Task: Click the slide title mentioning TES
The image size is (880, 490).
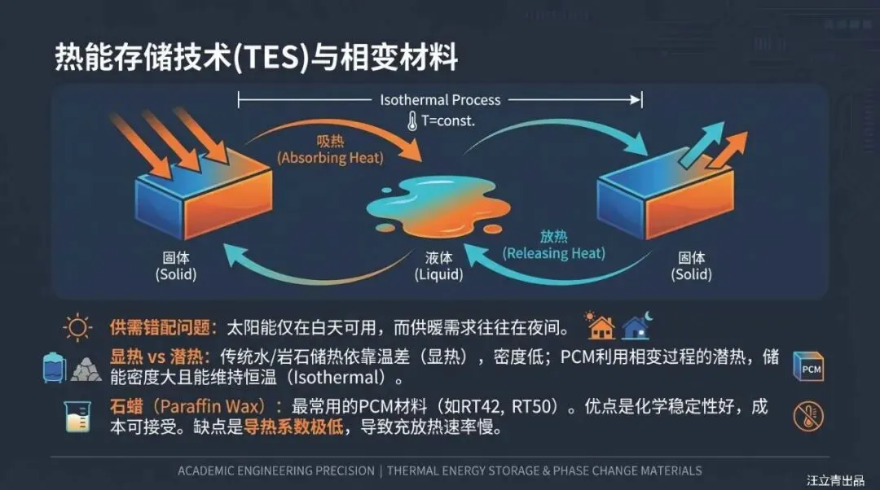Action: pyautogui.click(x=256, y=59)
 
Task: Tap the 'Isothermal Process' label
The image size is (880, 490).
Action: pyautogui.click(x=440, y=100)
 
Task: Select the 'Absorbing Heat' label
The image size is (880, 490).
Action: pyautogui.click(x=329, y=158)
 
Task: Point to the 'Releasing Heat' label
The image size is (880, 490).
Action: pyautogui.click(x=554, y=253)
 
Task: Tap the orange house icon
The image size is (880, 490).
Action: pyautogui.click(x=601, y=326)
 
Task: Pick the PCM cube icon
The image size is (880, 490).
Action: pyautogui.click(x=808, y=368)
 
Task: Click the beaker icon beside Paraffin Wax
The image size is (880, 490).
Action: pyautogui.click(x=77, y=416)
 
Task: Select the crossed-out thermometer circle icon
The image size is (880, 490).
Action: pyautogui.click(x=808, y=417)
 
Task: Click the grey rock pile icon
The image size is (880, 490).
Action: pyautogui.click(x=86, y=369)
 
